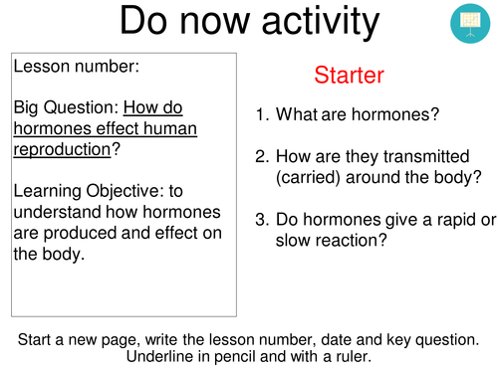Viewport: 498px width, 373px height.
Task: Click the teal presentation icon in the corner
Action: (x=467, y=24)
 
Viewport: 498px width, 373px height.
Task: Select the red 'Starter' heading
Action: (x=349, y=75)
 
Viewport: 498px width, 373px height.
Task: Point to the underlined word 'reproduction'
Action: (x=61, y=151)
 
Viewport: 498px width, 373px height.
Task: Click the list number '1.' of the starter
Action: (x=262, y=114)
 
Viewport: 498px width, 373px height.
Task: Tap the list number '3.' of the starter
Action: (x=262, y=219)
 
